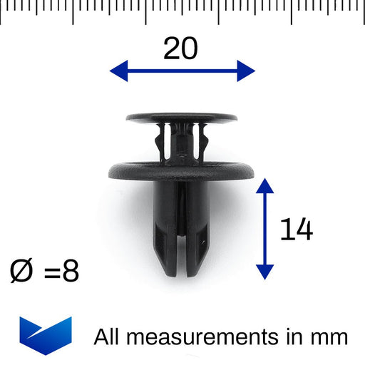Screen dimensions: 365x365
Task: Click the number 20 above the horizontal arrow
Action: pos(180,48)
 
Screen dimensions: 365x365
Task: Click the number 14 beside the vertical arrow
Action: pos(296,230)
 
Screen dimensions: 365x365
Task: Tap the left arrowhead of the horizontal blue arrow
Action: pos(118,71)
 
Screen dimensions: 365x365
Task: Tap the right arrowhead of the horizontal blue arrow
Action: pos(246,71)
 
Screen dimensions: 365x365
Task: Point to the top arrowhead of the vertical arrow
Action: pos(264,187)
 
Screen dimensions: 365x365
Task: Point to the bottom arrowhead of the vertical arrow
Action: pos(264,270)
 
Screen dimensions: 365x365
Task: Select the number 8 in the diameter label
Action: pos(70,272)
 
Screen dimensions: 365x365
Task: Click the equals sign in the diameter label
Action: pos(50,272)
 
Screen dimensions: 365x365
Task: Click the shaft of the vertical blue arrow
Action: pos(264,228)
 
